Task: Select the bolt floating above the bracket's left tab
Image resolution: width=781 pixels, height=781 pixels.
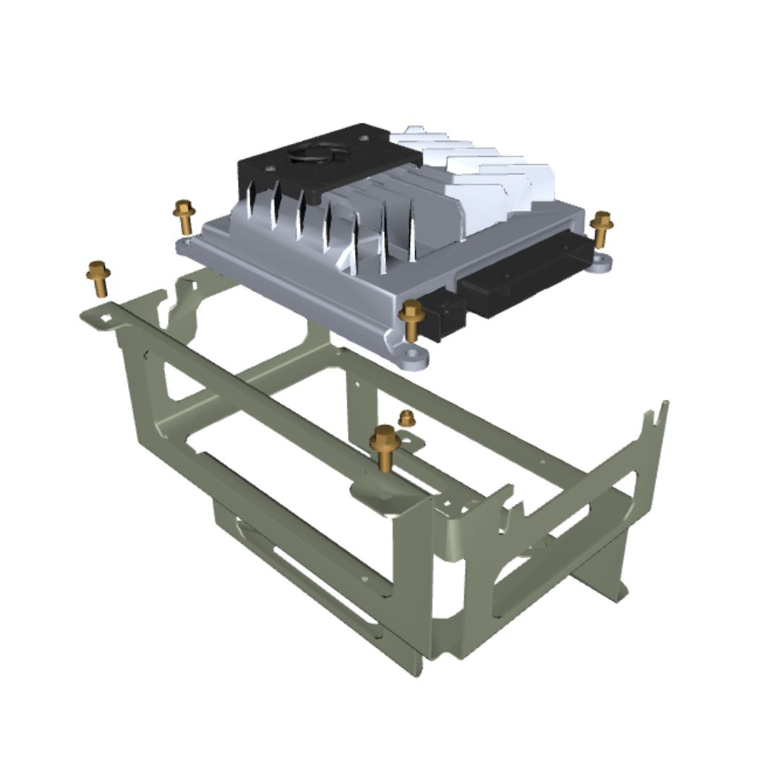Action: coord(98,278)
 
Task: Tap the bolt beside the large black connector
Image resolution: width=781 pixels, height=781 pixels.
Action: coord(601,228)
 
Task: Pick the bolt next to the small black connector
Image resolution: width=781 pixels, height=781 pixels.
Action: coord(412,318)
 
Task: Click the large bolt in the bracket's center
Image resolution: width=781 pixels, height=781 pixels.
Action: coord(385,448)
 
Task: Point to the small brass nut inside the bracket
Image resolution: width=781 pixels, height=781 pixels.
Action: coord(407,418)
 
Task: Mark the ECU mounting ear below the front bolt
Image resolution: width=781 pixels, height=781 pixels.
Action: coord(412,357)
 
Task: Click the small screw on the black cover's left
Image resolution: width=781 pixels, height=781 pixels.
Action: coord(270,168)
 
